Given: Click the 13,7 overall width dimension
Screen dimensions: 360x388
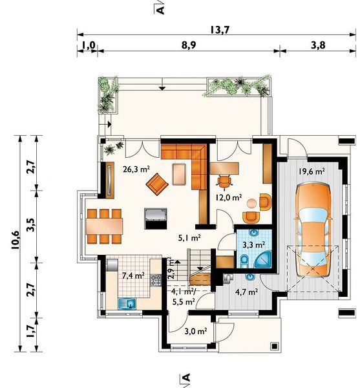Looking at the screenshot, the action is coord(220,30).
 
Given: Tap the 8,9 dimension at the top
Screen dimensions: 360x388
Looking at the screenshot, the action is coord(189,45).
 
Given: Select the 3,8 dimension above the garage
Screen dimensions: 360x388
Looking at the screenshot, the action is coord(318,45).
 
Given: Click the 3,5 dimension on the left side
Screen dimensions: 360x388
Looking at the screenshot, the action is coord(32,224).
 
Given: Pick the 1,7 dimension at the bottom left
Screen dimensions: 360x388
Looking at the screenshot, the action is coord(31,331).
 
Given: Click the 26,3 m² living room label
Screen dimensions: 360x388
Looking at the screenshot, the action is coord(136,169).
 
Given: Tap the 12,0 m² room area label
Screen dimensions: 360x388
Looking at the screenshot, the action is coord(228,198).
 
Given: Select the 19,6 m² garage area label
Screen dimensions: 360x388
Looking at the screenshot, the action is coord(312,171).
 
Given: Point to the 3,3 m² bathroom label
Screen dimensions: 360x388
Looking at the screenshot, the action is coord(254,245).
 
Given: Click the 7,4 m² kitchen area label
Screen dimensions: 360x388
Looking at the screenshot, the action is coord(134,275).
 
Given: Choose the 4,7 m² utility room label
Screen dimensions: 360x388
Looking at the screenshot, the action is coord(247,292).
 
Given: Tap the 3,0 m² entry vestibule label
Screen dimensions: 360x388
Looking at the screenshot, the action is coord(196,331).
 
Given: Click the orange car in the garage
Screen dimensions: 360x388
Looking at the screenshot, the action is coord(313,231).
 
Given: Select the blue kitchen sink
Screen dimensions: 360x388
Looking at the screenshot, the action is coord(127,304).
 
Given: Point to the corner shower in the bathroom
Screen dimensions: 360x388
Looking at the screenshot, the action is coord(264,259).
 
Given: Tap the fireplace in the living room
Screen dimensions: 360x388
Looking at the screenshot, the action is coord(156,219).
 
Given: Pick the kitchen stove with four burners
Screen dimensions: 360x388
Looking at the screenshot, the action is coord(156,280).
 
